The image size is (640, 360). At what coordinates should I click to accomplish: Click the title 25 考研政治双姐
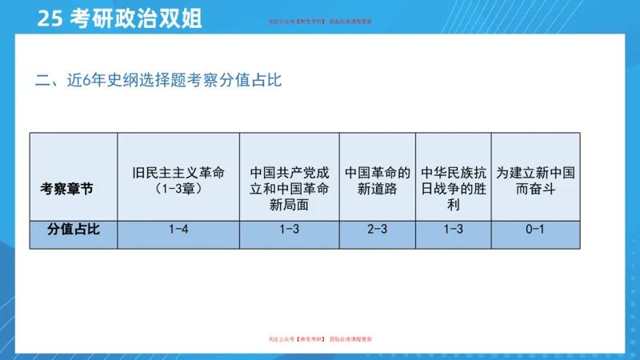(x=119, y=18)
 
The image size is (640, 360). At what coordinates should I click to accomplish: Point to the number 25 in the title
(x=50, y=18)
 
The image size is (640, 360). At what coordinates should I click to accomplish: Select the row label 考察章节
(x=66, y=188)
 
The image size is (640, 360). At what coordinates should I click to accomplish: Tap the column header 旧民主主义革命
(x=178, y=173)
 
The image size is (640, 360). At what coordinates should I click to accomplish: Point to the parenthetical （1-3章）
(x=178, y=189)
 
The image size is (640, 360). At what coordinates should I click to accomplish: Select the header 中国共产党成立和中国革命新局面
(x=290, y=189)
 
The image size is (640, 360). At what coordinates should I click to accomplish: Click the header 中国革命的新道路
(x=378, y=181)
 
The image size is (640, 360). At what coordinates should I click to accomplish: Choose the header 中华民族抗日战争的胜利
(x=454, y=188)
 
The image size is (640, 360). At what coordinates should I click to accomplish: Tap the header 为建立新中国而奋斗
(x=536, y=181)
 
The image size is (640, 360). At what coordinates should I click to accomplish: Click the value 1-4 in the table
(x=178, y=229)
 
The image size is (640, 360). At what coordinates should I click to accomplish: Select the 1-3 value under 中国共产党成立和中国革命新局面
(x=290, y=229)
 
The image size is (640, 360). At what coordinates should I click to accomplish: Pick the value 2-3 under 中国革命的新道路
(x=378, y=229)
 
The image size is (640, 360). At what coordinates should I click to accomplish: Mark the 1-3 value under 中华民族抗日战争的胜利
(x=454, y=229)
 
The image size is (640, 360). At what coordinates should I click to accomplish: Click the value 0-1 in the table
(x=536, y=229)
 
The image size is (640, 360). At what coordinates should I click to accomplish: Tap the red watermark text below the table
(x=320, y=340)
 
